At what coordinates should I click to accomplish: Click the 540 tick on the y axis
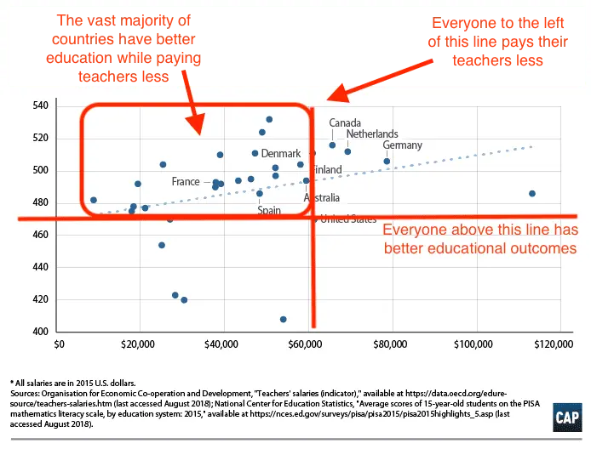41,105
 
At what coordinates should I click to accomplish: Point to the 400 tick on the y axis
41,332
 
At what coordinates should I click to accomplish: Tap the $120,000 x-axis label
554,345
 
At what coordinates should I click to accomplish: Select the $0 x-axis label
59,345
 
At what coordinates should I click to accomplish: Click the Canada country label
345,123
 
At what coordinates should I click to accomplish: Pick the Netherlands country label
372,134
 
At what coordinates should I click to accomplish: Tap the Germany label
402,145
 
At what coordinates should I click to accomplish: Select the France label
186,182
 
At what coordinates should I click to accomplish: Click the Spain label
269,209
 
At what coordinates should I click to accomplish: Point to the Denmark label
281,154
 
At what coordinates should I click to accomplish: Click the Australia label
322,198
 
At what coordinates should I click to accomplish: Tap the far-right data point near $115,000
532,193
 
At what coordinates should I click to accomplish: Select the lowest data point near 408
284,319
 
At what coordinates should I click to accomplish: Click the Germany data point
387,161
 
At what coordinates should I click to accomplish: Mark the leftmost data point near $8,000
94,200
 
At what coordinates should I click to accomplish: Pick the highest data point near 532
269,119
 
